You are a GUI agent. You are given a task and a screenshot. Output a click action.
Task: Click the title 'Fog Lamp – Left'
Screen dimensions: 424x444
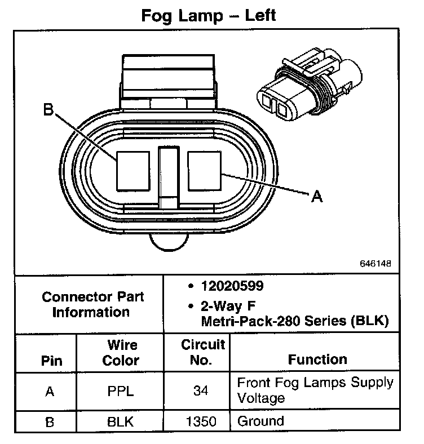click(208, 15)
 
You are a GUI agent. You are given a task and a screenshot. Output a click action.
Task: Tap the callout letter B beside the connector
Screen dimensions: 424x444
click(49, 109)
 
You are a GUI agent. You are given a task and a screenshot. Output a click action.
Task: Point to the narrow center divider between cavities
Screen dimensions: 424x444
click(168, 175)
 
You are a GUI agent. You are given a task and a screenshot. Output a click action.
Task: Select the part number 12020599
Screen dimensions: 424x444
click(232, 287)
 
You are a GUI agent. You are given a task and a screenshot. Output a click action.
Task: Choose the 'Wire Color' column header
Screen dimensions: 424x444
click(121, 352)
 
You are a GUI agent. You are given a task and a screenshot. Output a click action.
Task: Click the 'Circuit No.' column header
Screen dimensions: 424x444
click(202, 352)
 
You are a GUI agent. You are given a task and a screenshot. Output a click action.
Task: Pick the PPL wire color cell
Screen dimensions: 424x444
click(121, 390)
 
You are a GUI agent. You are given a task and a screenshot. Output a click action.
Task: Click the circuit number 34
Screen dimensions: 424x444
click(202, 390)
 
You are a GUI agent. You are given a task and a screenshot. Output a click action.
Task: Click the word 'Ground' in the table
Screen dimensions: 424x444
click(260, 421)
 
